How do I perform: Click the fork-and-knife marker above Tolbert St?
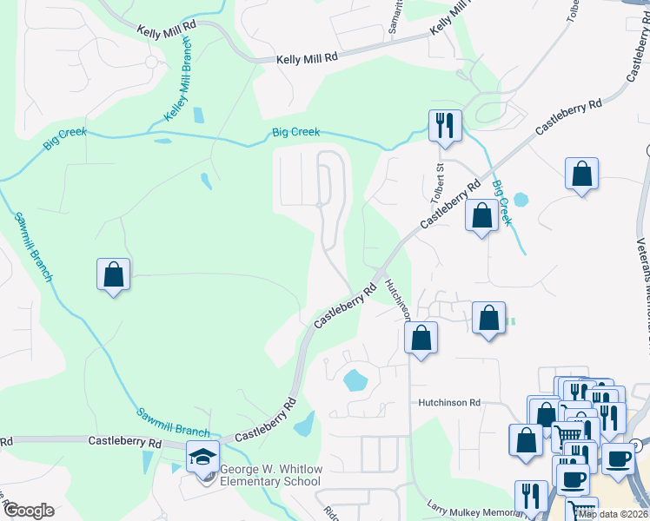(x=445, y=125)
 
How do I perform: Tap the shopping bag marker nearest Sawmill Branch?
(x=113, y=274)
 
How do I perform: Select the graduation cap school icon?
(x=202, y=458)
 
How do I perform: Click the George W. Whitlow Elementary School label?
(x=270, y=475)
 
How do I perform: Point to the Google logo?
(x=28, y=510)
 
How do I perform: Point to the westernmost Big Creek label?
(x=64, y=136)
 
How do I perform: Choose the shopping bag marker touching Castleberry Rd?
(x=481, y=215)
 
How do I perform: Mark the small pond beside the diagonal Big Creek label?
(x=521, y=199)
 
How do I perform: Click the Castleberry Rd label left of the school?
(x=125, y=442)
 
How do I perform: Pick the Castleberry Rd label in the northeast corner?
(x=568, y=116)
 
